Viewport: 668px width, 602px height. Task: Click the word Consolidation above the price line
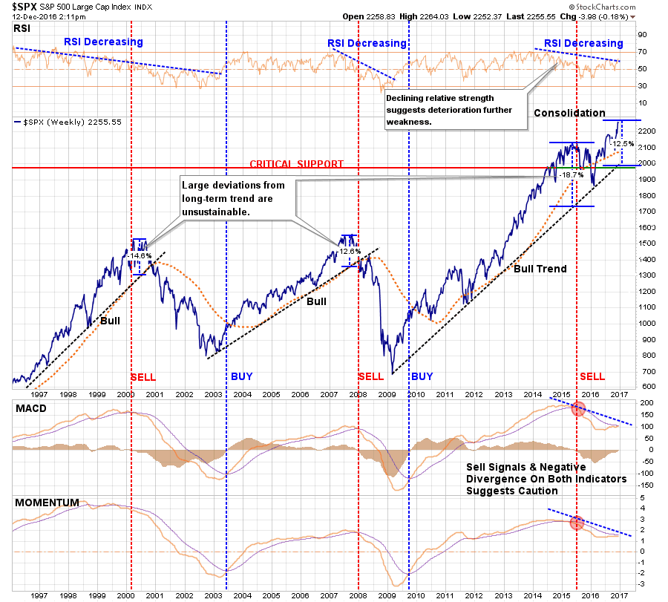(570, 113)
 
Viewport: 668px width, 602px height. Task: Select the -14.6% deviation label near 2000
(139, 255)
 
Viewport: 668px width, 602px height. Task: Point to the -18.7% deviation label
(572, 174)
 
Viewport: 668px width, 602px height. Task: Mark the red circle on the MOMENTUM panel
(577, 522)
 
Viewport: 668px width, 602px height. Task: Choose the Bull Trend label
(540, 269)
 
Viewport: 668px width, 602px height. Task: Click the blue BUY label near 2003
(241, 376)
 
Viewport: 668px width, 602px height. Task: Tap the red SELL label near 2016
(592, 376)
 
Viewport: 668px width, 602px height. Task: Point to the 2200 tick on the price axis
(644, 131)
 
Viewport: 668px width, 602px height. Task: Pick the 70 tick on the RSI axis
(641, 52)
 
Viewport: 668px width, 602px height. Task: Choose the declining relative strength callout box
(453, 109)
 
